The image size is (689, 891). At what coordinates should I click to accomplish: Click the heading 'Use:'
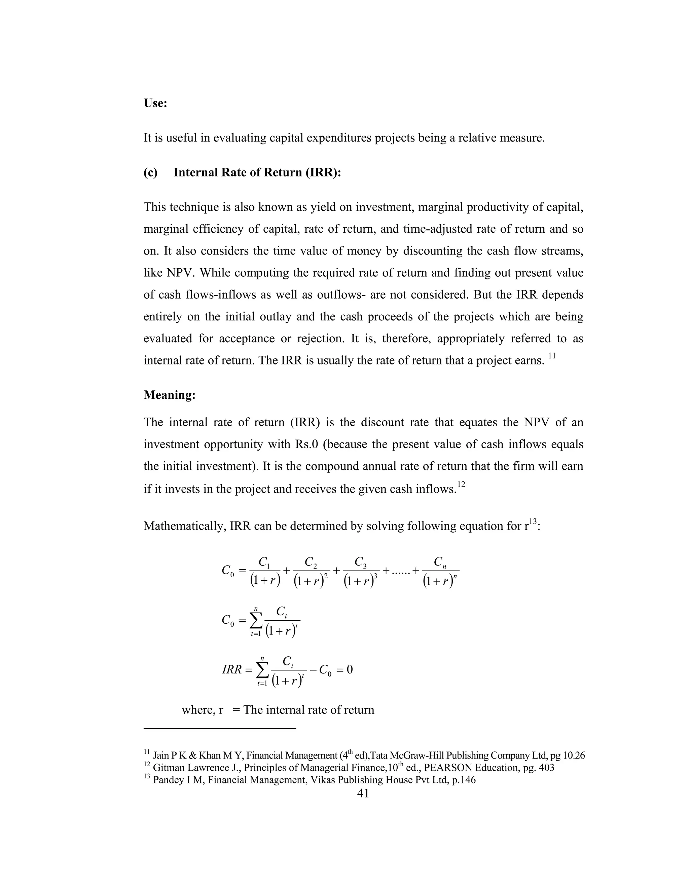tap(155, 103)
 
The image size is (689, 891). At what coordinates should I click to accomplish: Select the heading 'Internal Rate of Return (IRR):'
tap(257, 172)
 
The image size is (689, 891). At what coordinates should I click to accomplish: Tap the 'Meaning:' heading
tap(170, 395)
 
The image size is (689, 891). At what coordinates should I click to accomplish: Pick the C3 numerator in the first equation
tap(360, 562)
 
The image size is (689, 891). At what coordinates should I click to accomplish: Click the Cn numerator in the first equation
tap(440, 562)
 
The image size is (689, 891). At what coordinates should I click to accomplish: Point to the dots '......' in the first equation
tap(398, 572)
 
